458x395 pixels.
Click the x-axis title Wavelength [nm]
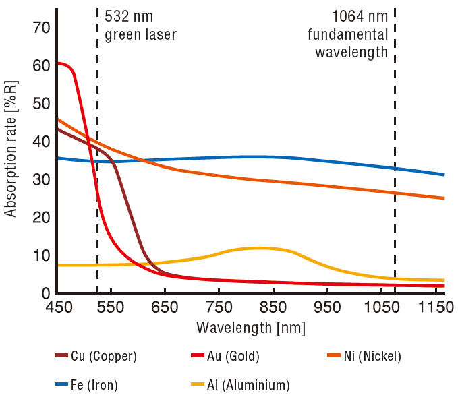[251, 328]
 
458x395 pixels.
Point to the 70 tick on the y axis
[42, 28]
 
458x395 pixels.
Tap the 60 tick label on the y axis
[42, 66]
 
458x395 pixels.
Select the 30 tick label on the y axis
[42, 180]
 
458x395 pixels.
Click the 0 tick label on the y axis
[47, 294]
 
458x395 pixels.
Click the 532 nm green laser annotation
[140, 25]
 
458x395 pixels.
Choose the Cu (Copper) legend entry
[98, 355]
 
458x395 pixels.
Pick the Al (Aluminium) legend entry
[239, 385]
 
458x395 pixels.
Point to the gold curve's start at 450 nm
[59, 63]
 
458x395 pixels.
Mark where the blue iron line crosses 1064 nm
[395, 168]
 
